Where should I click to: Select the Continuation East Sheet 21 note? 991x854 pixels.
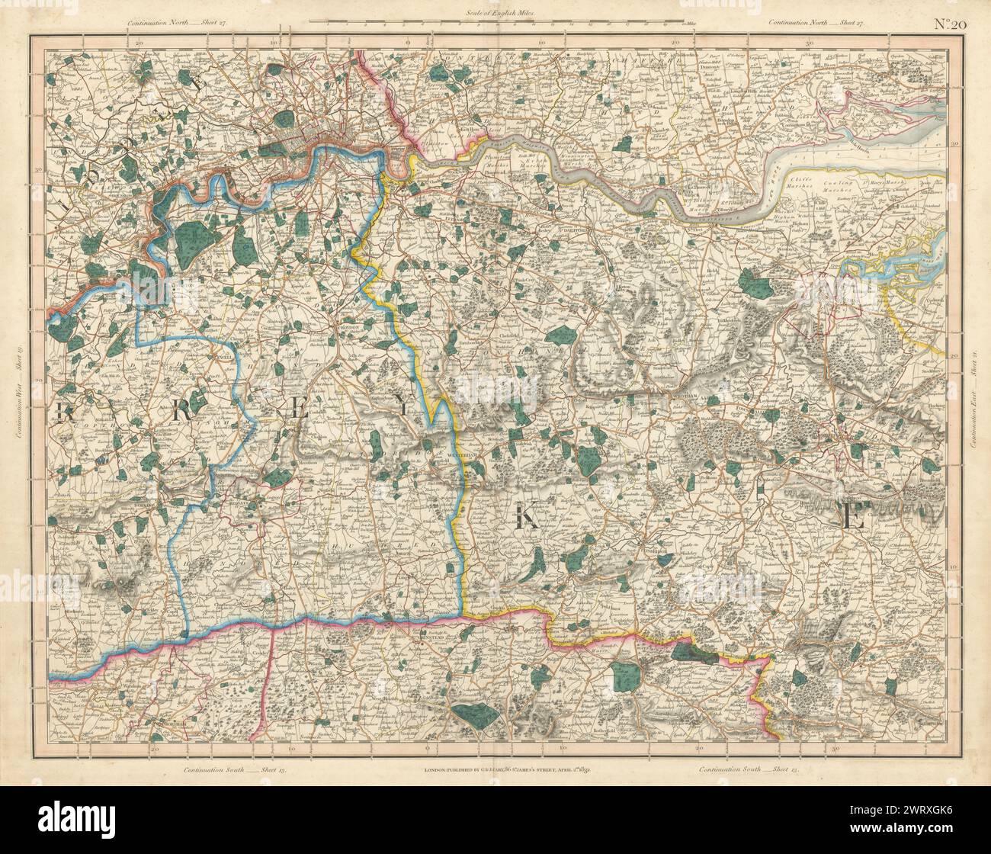pos(973,389)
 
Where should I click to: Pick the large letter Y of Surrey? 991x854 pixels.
pos(403,407)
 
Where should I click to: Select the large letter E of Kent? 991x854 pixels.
pos(851,519)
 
